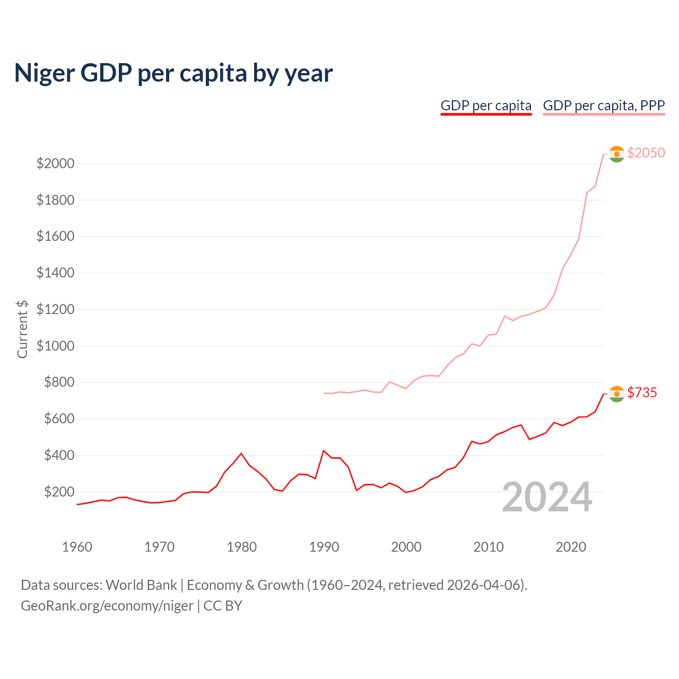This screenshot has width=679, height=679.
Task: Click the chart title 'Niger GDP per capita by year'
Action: coord(173,73)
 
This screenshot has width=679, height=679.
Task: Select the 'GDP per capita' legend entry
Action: coord(486,106)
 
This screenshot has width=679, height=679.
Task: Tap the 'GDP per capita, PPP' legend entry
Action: coord(604,106)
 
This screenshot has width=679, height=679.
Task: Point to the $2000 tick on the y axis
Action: coord(55,163)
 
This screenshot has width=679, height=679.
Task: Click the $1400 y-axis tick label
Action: coord(55,273)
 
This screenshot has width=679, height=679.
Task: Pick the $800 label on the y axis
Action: coord(55,382)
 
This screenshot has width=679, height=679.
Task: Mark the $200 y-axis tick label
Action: coord(55,492)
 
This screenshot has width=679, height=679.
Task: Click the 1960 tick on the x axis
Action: coord(77,547)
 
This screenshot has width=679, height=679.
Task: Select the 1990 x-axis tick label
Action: coord(324,547)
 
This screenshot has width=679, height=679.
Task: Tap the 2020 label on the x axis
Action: coord(571,547)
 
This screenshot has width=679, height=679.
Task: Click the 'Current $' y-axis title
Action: coord(22,329)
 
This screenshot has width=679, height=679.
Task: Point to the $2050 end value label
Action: coord(646,153)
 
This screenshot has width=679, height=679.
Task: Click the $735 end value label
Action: coord(642,393)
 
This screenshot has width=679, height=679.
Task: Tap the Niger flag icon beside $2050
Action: coord(616,154)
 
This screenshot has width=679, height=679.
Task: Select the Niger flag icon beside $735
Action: coord(616,394)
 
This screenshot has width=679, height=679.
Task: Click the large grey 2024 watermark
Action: coord(547,498)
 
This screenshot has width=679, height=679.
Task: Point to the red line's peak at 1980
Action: coord(241,454)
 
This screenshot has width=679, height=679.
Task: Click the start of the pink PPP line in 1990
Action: coord(324,393)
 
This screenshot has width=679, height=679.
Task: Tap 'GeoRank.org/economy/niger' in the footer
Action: coord(107,606)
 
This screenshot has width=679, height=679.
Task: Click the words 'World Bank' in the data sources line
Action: coord(141,585)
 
